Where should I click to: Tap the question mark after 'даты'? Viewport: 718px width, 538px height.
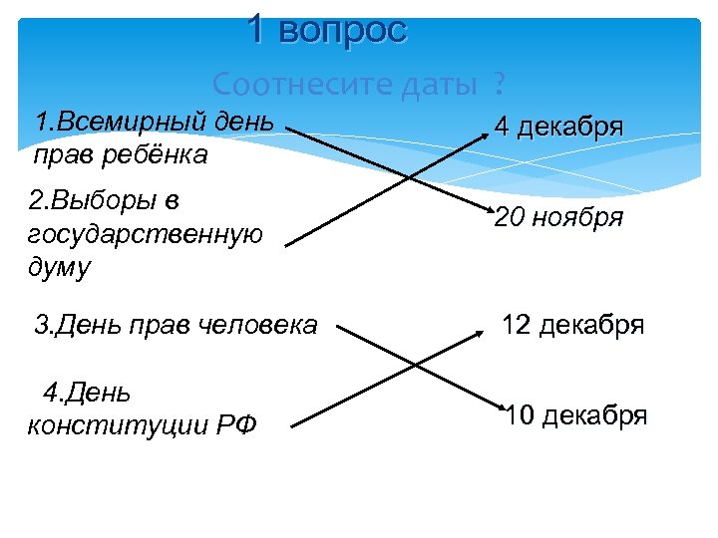pyautogui.click(x=497, y=85)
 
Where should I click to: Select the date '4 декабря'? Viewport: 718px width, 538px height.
pyautogui.click(x=559, y=128)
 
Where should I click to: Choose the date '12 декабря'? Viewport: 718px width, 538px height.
pyautogui.click(x=572, y=325)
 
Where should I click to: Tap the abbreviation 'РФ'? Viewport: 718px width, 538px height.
pyautogui.click(x=235, y=426)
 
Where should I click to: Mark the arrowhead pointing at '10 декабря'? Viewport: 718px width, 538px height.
pyautogui.click(x=500, y=407)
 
